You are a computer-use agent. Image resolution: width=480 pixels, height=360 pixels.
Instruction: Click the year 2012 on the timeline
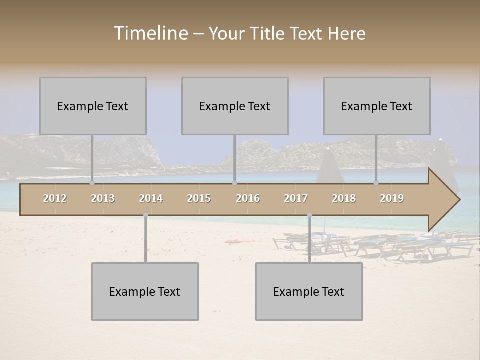tap(55, 198)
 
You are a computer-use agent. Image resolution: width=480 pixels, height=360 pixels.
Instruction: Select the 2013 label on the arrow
tap(103, 198)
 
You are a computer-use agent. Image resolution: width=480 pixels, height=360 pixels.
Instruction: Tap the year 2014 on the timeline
tap(151, 198)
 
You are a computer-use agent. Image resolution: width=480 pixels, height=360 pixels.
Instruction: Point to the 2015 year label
tap(199, 198)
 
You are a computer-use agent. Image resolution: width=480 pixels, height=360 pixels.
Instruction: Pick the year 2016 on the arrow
tap(248, 198)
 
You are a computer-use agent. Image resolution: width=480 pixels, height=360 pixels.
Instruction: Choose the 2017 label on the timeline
tap(296, 198)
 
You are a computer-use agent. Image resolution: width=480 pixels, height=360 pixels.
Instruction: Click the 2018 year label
tap(344, 198)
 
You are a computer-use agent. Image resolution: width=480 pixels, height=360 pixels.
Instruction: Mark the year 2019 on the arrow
tap(392, 198)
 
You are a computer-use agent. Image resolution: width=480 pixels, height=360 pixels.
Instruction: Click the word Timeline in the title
tap(150, 33)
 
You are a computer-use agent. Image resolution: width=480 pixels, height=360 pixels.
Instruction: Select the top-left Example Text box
tap(93, 106)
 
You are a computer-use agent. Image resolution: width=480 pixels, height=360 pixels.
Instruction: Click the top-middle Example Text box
tap(235, 106)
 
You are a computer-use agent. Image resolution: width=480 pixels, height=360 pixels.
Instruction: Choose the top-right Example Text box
tap(377, 106)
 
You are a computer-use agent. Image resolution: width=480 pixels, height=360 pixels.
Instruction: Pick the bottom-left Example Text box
tap(145, 291)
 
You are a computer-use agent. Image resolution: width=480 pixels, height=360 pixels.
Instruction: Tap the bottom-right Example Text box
tap(309, 291)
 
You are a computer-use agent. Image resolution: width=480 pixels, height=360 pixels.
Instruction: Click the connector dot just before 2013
tap(92, 183)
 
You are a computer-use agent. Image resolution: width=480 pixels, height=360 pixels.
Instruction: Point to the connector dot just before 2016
tap(234, 183)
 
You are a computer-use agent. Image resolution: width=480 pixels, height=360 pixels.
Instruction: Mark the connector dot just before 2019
tap(376, 183)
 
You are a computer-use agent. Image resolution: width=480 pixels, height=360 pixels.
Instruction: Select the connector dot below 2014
tap(145, 215)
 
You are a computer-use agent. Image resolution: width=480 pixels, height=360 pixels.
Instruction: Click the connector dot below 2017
tap(309, 215)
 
